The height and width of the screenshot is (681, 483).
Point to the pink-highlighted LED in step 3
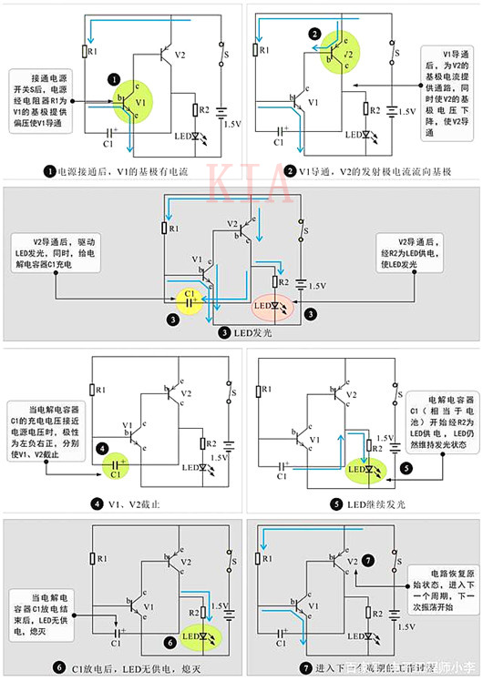coord(271,308)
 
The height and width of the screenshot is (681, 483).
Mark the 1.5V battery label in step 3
coord(314,286)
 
